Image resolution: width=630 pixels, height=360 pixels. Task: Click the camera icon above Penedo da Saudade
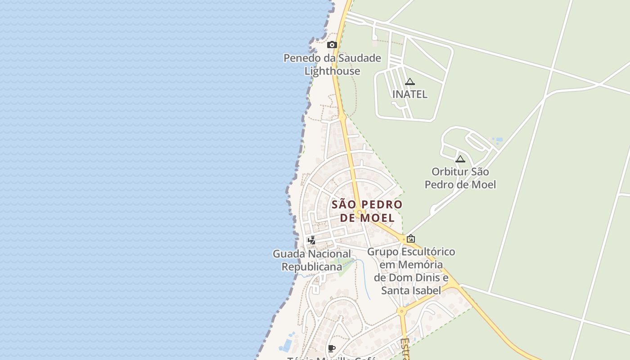[332, 45]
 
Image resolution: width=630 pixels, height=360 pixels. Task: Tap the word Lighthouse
[332, 71]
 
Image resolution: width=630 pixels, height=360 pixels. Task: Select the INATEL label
[409, 94]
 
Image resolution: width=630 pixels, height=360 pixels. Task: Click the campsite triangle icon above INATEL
[409, 81]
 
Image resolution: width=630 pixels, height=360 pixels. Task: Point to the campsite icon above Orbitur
[460, 159]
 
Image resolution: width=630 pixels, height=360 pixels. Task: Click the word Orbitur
[450, 171]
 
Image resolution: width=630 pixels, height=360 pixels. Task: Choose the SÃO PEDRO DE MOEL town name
[367, 211]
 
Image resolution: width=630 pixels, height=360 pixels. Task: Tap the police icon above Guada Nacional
[311, 240]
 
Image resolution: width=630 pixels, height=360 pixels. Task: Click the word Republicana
[312, 266]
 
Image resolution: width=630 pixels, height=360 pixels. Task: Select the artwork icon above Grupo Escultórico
[410, 238]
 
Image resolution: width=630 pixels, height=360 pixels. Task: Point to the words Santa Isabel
[411, 290]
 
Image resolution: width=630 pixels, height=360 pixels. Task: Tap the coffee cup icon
[332, 348]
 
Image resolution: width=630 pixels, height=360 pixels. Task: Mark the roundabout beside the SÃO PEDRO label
[359, 212]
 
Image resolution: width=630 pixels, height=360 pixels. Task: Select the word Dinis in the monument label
[427, 277]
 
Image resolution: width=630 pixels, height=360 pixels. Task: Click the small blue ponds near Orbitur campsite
[497, 139]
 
